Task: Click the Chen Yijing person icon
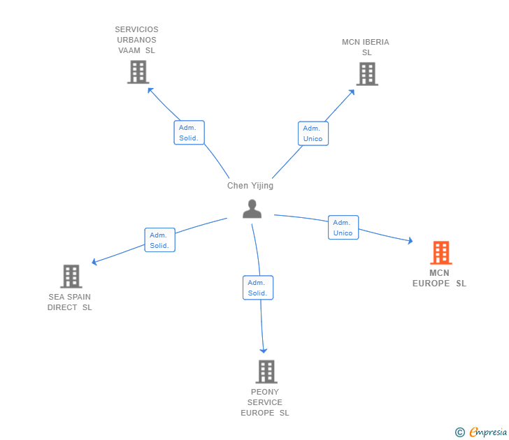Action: (252, 208)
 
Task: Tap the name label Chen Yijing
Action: (250, 186)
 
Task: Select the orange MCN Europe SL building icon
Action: (440, 253)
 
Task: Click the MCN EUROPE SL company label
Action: (439, 278)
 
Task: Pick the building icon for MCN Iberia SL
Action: (366, 73)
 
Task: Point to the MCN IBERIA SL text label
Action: (366, 47)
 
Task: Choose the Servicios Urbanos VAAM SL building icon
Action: (138, 72)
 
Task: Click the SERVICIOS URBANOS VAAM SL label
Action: (137, 40)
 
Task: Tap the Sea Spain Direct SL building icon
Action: (71, 277)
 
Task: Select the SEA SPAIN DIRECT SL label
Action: (70, 302)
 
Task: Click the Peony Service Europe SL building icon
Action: (266, 372)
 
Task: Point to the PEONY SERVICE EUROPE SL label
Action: (265, 402)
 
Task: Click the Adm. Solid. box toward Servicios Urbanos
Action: (189, 133)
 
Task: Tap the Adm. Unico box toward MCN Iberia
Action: (313, 133)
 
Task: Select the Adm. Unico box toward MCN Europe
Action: (343, 228)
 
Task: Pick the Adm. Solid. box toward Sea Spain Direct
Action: (159, 240)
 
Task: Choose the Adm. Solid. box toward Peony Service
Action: (258, 288)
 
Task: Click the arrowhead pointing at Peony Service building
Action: (264, 350)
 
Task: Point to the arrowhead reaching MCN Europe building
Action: (410, 242)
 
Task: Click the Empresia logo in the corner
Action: (481, 432)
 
